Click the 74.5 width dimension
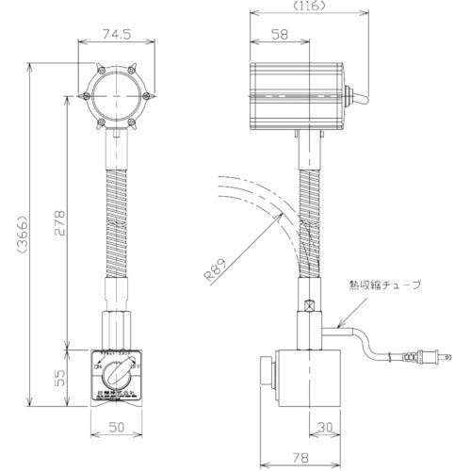(115, 37)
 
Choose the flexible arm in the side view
(307, 217)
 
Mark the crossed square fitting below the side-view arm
(307, 306)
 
